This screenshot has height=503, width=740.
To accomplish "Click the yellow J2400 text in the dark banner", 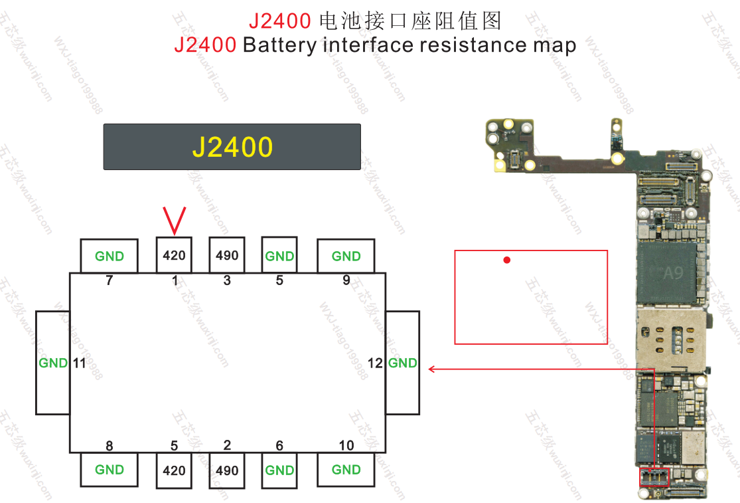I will (232, 147).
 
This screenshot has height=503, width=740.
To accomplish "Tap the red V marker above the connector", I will (174, 220).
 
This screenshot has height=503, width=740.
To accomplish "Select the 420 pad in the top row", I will (174, 255).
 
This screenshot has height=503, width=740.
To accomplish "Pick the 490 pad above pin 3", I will (227, 255).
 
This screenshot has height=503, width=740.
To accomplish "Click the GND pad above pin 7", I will (110, 256).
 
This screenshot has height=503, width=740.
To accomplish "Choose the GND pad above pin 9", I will (346, 256).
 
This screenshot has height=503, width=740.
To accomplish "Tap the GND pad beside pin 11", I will (52, 363).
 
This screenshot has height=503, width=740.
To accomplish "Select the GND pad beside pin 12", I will (403, 363).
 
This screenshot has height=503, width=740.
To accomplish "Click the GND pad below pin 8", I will (110, 470).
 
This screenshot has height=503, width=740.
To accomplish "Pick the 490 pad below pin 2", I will (227, 470).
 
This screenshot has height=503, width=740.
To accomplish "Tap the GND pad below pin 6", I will (279, 470).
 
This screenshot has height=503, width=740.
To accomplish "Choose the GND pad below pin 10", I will (346, 470).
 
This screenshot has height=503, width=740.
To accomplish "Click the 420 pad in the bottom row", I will (174, 470).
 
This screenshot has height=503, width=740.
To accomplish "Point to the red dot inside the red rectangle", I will (507, 260).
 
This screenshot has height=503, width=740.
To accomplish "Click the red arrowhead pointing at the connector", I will (432, 369).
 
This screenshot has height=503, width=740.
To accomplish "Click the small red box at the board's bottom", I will (654, 477).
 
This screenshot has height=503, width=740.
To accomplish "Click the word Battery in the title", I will (279, 45).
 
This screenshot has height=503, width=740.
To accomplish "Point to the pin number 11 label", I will (80, 363).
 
